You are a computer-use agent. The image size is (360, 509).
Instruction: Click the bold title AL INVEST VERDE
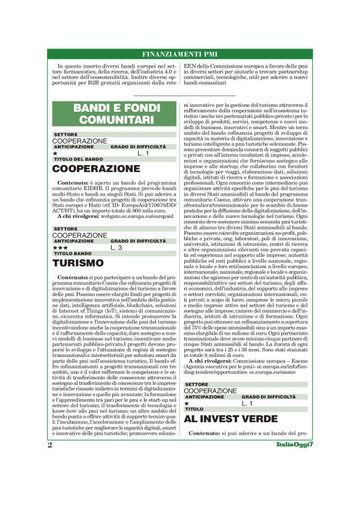tap(232, 419)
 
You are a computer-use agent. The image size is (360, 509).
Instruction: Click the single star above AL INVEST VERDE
tap(187, 403)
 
